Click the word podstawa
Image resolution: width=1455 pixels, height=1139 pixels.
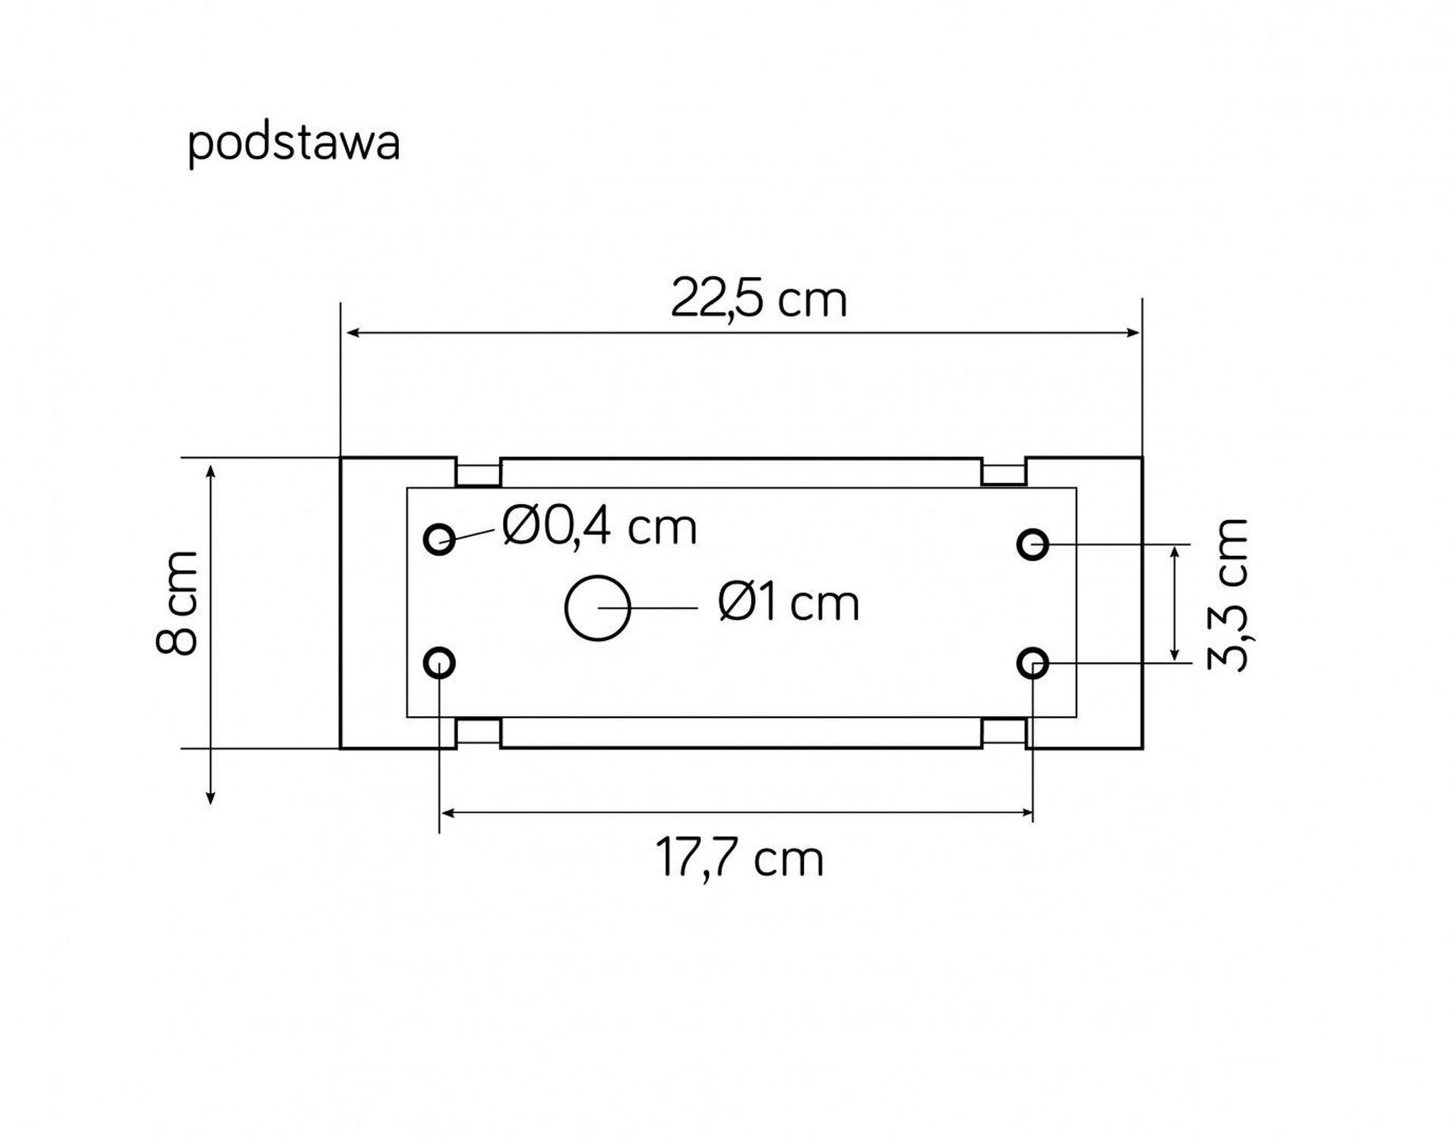293,144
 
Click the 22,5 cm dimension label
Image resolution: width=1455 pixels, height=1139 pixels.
758,301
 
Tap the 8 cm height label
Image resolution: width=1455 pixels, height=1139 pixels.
176,603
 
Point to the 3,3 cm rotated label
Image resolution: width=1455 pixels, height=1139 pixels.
1227,594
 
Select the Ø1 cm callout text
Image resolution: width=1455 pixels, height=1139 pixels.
788,604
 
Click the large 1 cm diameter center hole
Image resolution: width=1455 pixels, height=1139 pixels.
598,608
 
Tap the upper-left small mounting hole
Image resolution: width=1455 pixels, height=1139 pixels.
439,540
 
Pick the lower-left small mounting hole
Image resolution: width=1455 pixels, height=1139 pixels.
439,664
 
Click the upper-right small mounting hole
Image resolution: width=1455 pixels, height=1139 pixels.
1033,544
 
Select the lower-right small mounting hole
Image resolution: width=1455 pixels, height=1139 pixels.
1033,664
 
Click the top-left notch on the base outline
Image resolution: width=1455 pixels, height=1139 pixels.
478,472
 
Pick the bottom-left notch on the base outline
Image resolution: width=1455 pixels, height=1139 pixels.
478,733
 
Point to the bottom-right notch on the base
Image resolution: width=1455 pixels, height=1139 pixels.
1004,733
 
